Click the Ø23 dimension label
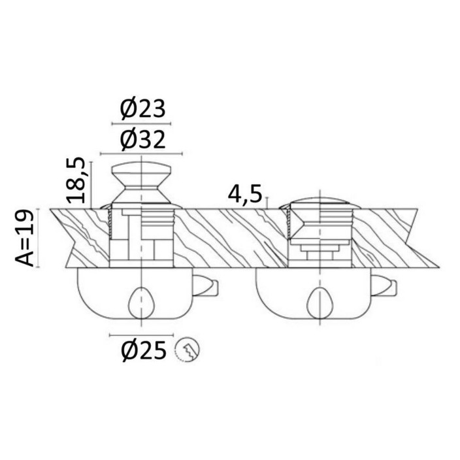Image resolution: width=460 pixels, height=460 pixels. pos(142,108)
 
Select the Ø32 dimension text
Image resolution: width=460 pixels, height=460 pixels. pos(142,140)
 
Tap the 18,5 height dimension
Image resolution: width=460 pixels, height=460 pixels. pos(76,180)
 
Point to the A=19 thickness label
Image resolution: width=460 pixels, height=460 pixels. pos(25,238)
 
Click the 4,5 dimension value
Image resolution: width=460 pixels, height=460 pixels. pos(244,194)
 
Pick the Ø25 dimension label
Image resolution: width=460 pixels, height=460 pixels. pos(144,351)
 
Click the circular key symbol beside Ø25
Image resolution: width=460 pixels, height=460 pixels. pos(187,350)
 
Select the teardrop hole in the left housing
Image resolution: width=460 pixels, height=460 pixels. pos(141,303)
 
